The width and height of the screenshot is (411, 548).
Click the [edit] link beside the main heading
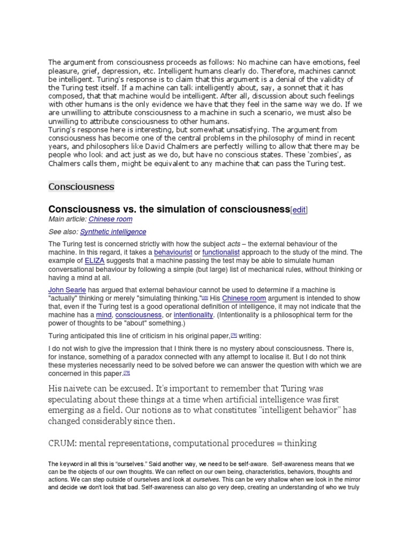pyautogui.click(x=299, y=210)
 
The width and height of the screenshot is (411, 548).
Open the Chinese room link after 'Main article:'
pyautogui.click(x=110, y=219)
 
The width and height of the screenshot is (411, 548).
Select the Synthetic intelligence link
pyautogui.click(x=113, y=232)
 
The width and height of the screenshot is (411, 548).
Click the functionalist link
pyautogui.click(x=222, y=252)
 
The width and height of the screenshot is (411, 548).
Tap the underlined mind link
pyautogui.click(x=103, y=315)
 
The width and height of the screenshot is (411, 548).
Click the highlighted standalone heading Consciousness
pyautogui.click(x=81, y=186)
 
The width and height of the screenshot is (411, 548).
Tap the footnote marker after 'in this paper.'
pyautogui.click(x=126, y=372)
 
